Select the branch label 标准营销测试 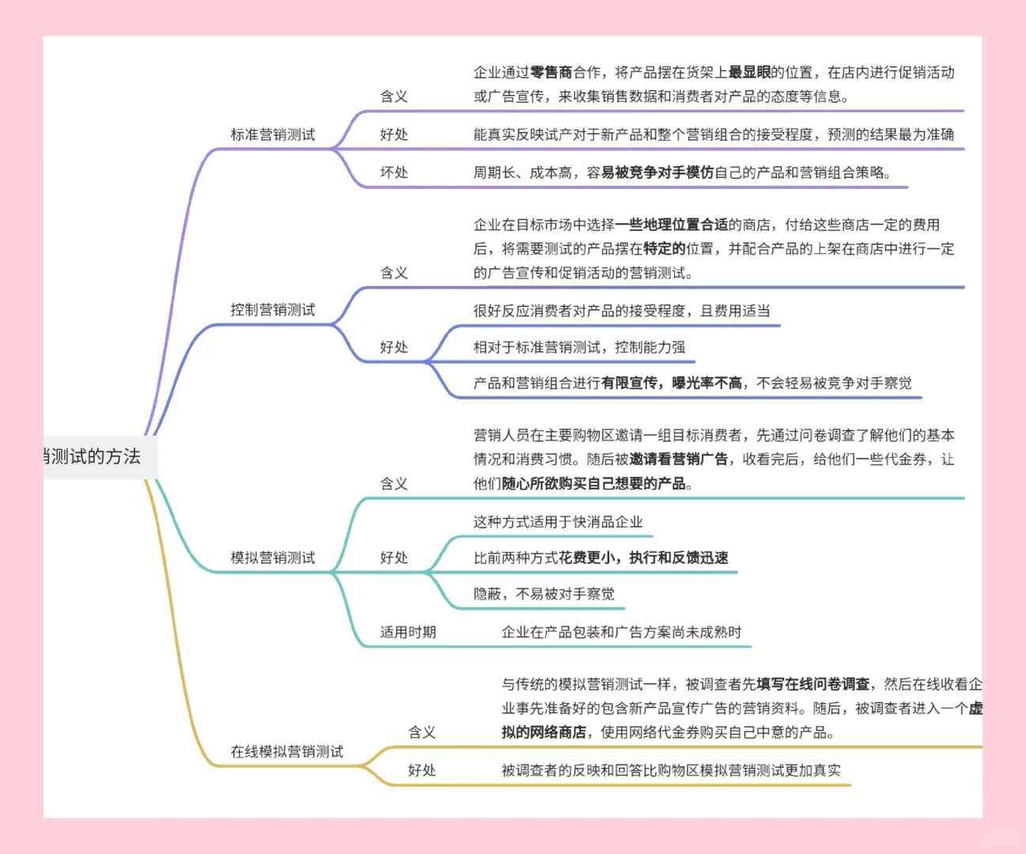(272, 134)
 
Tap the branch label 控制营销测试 (272, 310)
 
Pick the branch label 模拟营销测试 (272, 557)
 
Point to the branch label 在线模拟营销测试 (286, 751)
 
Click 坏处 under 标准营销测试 (394, 172)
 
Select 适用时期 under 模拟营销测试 (407, 632)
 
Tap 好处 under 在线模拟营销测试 (422, 770)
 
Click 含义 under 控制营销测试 (394, 273)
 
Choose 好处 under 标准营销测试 (394, 134)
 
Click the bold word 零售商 (551, 73)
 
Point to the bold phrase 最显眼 (749, 73)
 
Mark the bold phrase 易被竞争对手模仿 (657, 172)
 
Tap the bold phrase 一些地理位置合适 (672, 225)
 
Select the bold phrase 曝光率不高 (706, 384)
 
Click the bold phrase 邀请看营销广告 (678, 459)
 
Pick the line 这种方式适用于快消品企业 (558, 522)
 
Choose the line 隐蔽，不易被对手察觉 (543, 594)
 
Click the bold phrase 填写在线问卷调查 (812, 684)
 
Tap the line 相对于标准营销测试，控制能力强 (579, 347)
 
